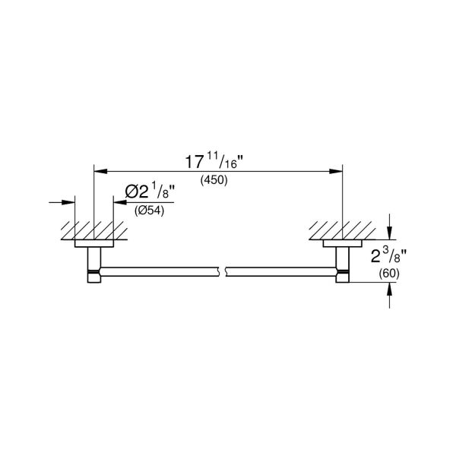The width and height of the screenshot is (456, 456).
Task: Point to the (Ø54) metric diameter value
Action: tap(149, 212)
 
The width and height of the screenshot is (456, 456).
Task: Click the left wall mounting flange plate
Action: tap(93, 244)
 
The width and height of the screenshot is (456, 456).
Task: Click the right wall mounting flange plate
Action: tap(342, 244)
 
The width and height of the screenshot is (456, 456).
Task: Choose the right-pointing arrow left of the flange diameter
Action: tap(69, 202)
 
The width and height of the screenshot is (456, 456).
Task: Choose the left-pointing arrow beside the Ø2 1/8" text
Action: tap(118, 202)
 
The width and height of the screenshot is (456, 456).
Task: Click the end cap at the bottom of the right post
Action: tap(342, 277)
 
